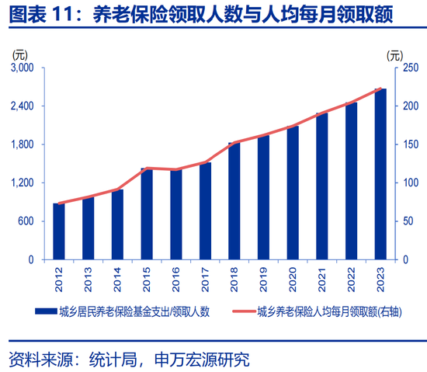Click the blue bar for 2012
59,231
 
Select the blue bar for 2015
147,214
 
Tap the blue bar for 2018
234,201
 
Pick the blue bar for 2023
380,174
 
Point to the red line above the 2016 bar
176,169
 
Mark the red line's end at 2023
380,89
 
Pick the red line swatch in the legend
248,311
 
